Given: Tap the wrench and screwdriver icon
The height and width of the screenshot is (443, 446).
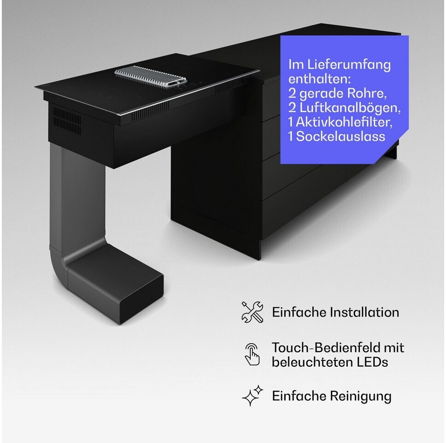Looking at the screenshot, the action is pos(252,312).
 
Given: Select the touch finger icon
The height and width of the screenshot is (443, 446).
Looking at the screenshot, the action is pos(252,354).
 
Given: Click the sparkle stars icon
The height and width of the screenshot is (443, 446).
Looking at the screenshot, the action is pos(252,395).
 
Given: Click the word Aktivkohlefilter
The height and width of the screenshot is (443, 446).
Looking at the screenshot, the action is pos(344,122).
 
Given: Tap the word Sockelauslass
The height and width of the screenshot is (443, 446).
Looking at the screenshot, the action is pos(340,136).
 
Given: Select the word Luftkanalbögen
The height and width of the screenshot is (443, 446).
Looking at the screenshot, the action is pos(350,108).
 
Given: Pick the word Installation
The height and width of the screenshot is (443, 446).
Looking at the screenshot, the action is pos(364,312).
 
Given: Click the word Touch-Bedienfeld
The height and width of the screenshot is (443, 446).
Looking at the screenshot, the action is pos(326,347).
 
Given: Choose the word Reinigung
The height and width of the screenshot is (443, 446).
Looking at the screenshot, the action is pos(360,396).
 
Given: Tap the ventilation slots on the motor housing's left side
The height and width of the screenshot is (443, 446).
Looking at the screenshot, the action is pos(67,121).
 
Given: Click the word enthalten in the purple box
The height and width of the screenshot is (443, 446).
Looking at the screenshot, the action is pos(319,79).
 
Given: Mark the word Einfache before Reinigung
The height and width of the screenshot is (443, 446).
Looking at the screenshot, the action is pos(299,396).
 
